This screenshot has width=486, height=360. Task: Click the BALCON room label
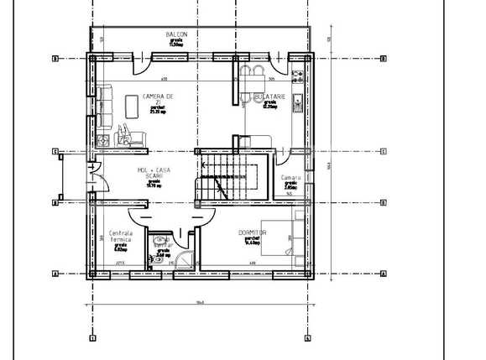coord(176,34)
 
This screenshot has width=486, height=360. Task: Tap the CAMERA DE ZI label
coord(158,99)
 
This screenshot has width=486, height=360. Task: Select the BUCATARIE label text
coord(275,97)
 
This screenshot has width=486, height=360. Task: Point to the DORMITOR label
coord(252,232)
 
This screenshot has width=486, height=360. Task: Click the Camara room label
coord(290,178)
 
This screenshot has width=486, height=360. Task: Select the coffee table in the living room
coord(132,106)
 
